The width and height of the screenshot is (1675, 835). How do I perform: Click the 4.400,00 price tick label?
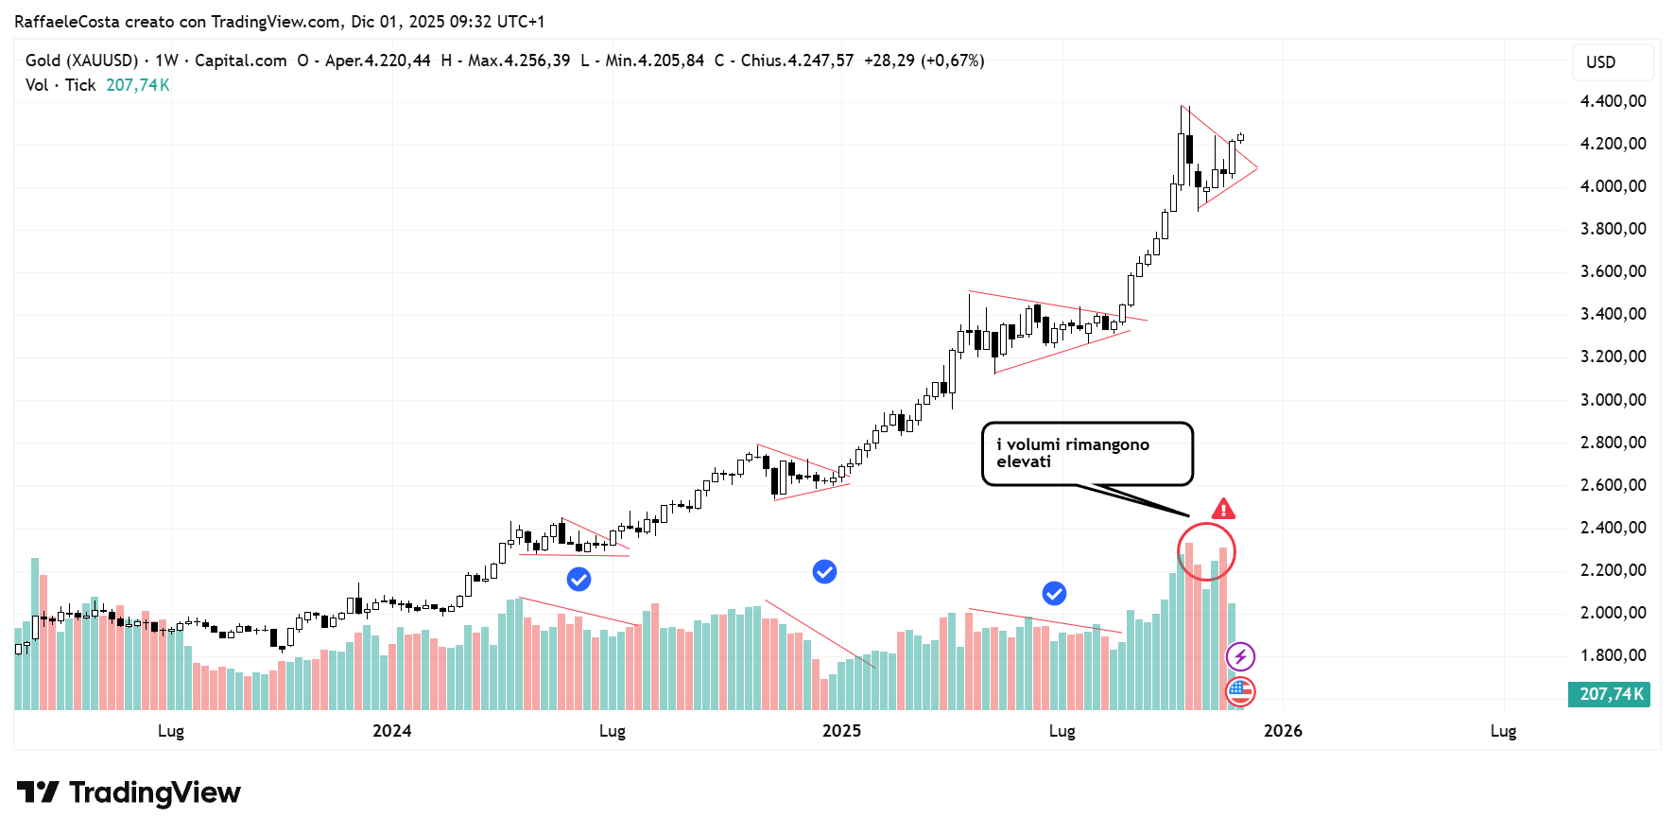1613,101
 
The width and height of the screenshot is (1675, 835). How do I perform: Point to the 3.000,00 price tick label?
1613,400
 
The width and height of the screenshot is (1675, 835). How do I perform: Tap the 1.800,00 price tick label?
1613,655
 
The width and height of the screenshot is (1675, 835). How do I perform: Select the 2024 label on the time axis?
391,731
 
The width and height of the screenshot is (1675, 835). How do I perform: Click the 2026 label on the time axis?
1283,731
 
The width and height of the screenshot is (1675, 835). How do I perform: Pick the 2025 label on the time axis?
841,731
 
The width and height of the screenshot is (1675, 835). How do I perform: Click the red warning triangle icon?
1223,510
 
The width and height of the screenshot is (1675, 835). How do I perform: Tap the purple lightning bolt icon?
1240,656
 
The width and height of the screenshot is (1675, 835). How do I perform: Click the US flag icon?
1240,692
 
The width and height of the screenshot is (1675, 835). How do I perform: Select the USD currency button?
1600,62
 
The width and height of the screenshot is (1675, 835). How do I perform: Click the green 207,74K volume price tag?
1611,694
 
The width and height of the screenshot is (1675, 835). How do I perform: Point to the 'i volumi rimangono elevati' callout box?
1087,454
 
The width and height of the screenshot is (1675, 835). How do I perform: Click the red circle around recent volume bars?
1206,552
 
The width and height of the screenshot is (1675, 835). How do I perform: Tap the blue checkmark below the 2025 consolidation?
1054,593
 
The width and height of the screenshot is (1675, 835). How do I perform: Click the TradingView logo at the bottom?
130,792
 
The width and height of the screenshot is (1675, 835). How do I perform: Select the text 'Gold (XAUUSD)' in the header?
81,61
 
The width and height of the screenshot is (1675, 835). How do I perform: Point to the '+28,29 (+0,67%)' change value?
924,61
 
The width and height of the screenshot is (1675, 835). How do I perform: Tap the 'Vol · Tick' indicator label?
60,85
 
